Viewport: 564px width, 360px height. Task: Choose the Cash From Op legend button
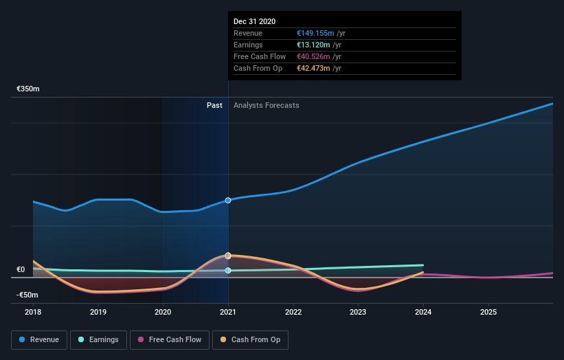tap(251, 339)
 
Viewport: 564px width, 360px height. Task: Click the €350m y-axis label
tap(28, 89)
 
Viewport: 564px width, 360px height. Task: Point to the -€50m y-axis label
tap(28, 295)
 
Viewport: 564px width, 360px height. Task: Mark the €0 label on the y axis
tap(21, 269)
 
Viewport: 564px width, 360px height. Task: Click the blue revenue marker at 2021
tap(228, 200)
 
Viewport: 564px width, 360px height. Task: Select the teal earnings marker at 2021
tap(228, 271)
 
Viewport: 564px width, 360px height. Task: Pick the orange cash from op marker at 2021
tap(228, 256)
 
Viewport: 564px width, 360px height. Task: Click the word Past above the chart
tap(214, 105)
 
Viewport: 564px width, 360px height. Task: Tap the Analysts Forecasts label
tap(266, 105)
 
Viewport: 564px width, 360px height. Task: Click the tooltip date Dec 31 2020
tap(254, 21)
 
